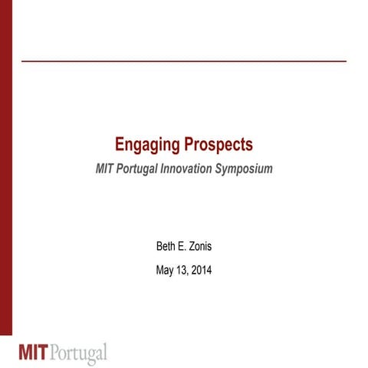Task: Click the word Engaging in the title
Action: [142, 144]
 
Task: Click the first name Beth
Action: [166, 247]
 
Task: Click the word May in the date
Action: [166, 270]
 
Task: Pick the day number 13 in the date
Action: [184, 270]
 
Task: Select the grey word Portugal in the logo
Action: [81, 353]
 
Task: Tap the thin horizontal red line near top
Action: [184, 60]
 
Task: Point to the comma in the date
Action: [190, 274]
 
